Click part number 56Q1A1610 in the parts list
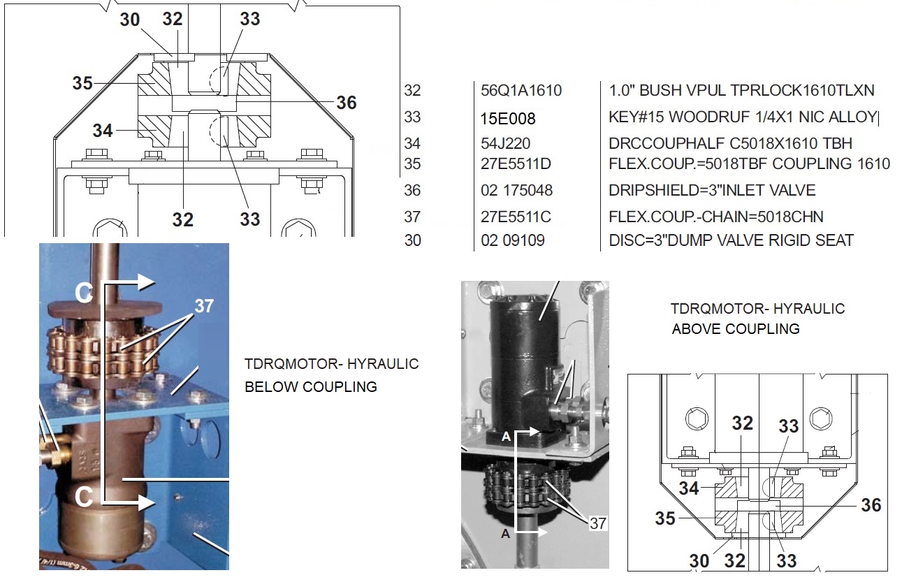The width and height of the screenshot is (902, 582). [521, 91]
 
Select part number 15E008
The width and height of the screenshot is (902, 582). [508, 119]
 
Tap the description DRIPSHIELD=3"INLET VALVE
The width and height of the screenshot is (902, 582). [712, 190]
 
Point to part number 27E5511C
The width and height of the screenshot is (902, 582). [516, 217]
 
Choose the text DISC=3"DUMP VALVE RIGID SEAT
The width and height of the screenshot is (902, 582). [731, 240]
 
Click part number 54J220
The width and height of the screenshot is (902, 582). [505, 143]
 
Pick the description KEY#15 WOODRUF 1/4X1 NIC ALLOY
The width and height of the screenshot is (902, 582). [743, 117]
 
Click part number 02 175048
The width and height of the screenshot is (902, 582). [516, 190]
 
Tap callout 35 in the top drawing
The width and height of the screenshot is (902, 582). [82, 83]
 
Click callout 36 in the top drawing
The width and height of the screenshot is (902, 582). [347, 103]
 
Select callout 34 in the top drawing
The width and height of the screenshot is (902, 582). [103, 131]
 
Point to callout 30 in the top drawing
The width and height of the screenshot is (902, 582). [130, 20]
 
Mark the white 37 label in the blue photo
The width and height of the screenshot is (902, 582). [204, 306]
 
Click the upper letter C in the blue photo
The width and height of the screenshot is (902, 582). [84, 293]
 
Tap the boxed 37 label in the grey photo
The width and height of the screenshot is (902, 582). [598, 523]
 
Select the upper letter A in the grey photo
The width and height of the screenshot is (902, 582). [506, 436]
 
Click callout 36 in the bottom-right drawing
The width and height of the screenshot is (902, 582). [871, 505]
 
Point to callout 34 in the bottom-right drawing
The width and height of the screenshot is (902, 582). [689, 488]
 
